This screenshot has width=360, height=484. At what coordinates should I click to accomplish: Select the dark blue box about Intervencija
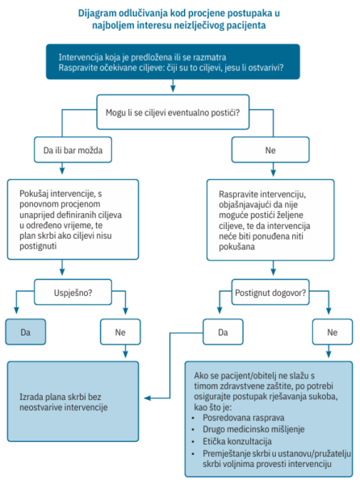point(173,62)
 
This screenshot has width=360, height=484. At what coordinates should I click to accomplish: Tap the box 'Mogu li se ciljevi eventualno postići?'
point(173,112)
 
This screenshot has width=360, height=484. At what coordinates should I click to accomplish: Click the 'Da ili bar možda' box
point(73,150)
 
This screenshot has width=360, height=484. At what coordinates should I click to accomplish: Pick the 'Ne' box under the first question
point(270,150)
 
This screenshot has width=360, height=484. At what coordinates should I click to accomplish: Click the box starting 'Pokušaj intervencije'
point(73,219)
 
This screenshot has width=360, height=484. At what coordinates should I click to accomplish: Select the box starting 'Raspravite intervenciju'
point(270,220)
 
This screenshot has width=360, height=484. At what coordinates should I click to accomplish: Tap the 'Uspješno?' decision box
point(73,292)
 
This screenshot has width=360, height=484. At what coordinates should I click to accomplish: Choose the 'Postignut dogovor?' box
point(270,292)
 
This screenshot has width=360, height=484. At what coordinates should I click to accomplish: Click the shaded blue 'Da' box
point(26,332)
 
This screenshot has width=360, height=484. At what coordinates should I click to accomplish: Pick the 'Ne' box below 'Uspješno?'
point(120,332)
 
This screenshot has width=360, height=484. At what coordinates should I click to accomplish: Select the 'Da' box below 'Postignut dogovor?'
point(223,332)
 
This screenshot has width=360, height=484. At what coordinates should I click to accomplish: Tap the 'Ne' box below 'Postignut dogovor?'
point(333,332)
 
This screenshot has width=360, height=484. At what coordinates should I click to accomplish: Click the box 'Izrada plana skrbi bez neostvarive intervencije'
point(73,402)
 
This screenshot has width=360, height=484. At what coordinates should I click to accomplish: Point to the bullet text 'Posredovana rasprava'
point(244,418)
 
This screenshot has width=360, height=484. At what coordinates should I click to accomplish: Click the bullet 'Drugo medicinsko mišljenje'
point(253,429)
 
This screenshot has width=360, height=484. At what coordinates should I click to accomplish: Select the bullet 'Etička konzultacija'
point(237,441)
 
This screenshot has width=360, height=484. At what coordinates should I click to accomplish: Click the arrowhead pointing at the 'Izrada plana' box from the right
point(148,398)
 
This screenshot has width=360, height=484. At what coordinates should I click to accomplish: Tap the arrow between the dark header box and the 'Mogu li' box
point(173,86)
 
